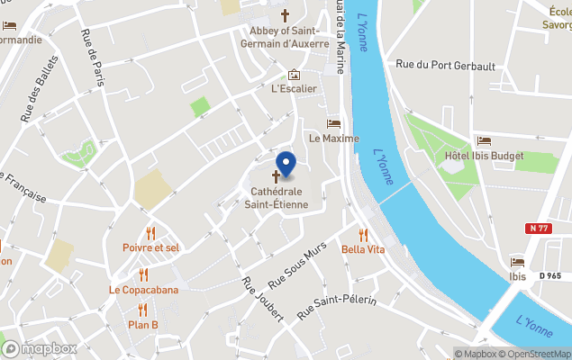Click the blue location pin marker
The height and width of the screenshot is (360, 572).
point(286,163)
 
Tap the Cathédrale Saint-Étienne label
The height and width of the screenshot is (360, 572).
point(277,198)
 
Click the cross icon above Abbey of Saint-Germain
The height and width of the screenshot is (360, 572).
point(286,15)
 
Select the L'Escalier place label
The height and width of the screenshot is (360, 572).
point(294,89)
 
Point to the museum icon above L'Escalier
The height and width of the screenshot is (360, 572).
point(293,76)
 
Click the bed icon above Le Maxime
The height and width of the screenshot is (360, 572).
point(333,124)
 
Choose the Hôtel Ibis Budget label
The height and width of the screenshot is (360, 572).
point(484,156)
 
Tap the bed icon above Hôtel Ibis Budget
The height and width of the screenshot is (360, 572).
point(484,141)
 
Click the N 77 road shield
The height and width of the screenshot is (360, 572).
point(540,229)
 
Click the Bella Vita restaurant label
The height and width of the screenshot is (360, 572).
point(363,249)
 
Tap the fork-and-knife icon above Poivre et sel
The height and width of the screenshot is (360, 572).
point(150,233)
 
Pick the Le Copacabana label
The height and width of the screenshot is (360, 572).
point(143,290)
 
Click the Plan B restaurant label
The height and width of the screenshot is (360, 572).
point(142,325)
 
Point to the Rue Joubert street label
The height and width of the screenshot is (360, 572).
point(263,298)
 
